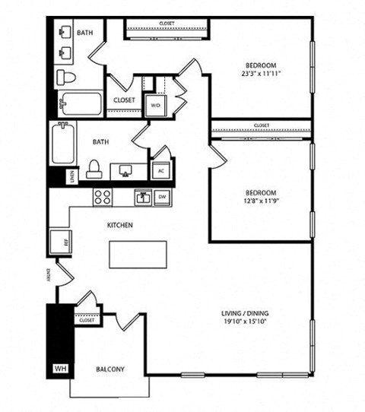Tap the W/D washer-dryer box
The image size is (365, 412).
[155, 105]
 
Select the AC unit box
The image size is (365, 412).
[161, 170]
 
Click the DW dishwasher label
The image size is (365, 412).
[161, 198]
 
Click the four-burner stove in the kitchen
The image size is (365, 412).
[103, 198]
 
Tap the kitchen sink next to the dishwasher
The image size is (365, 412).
[142, 198]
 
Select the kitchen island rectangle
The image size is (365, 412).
[138, 254]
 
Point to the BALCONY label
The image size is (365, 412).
[110, 369]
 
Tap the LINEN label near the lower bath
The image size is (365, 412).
[71, 176]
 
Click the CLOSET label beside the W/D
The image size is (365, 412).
[124, 100]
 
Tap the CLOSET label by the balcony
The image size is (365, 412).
[86, 320]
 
